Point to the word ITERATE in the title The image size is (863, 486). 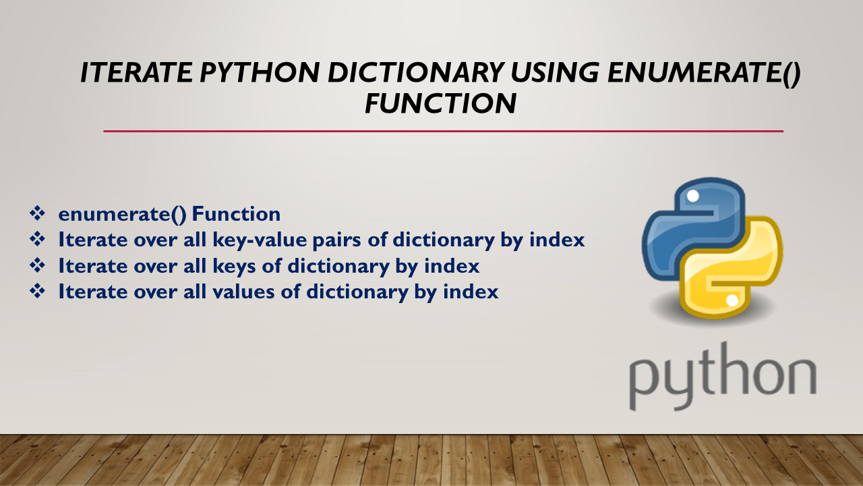coord(124,73)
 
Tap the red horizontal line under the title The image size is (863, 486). coord(443,131)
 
